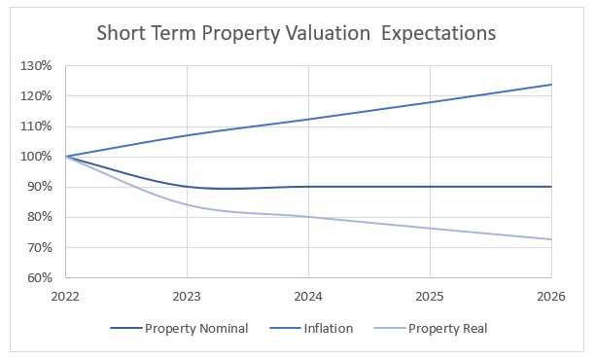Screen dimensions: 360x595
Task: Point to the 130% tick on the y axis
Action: pos(37,66)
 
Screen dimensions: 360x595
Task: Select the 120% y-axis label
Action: pos(37,96)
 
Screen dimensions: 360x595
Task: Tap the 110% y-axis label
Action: pos(37,126)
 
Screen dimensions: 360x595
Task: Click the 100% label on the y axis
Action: pos(37,157)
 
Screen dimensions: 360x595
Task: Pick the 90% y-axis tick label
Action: pos(40,187)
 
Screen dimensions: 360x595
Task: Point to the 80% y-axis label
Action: pos(40,217)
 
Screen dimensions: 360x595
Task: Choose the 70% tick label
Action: pos(40,247)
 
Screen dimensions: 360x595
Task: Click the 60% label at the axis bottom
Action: pos(40,277)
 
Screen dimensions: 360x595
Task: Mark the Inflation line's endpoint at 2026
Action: pos(551,85)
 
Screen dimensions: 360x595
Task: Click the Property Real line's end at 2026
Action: pos(551,239)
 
